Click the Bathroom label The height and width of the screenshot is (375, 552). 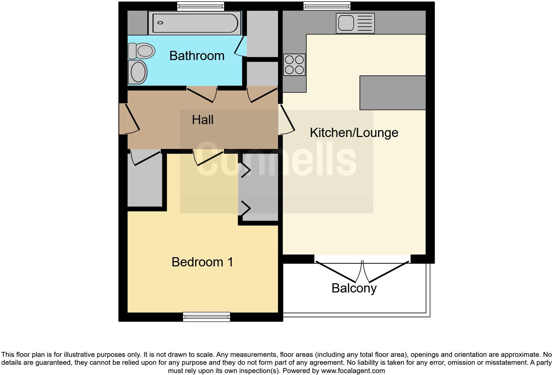click(197, 56)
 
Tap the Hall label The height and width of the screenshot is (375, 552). click(203, 120)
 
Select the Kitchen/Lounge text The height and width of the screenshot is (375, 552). click(354, 133)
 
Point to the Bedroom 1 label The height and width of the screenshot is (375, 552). click(202, 262)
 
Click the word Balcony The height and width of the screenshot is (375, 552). click(354, 288)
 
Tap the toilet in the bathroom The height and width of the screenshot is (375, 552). click(142, 51)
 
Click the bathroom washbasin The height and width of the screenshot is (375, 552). click(138, 72)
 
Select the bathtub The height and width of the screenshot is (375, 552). click(195, 23)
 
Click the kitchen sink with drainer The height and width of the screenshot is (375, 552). click(355, 23)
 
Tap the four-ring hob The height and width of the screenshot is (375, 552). click(294, 65)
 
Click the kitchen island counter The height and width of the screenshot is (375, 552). click(392, 93)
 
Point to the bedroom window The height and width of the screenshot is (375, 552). click(207, 317)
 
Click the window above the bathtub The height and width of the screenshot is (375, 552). click(200, 6)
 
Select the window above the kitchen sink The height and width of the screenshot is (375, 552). click(327, 6)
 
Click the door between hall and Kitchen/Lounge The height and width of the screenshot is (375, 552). click(287, 119)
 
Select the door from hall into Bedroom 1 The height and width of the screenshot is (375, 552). click(209, 157)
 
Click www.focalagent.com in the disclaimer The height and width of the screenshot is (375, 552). click(353, 371)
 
